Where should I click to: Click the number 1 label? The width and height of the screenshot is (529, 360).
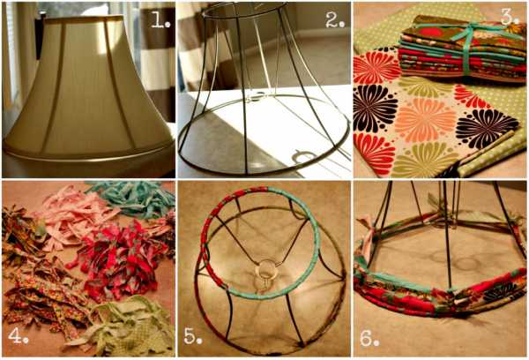160,21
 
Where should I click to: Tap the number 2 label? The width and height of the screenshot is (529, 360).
335,21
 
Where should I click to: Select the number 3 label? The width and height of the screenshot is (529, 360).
509,18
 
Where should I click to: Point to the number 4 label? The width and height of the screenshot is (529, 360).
19,335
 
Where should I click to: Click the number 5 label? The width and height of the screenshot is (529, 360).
192,335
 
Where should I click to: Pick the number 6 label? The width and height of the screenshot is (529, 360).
369,338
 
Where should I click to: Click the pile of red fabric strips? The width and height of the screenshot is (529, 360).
118,260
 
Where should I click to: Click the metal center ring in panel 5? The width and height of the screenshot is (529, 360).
267,268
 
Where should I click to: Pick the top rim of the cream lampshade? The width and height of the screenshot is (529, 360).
84,19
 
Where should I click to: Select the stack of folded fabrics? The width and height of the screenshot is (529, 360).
460,50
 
